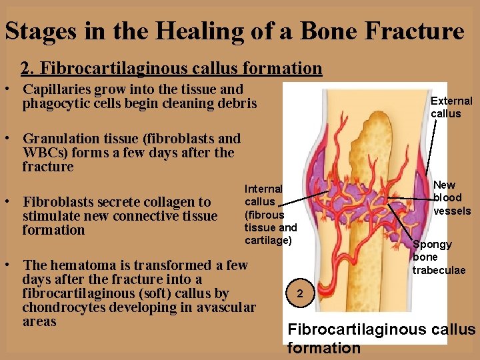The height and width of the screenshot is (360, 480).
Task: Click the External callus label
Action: point(451,107)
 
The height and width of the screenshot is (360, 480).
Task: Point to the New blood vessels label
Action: point(452,198)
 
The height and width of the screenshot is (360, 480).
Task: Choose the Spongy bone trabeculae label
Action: point(438,257)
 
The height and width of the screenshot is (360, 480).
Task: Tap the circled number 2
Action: point(300,293)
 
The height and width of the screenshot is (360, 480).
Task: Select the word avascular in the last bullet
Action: point(226,307)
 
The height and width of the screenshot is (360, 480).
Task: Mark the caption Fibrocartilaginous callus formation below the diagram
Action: point(381,338)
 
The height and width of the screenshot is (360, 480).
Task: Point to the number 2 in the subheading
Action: point(26,68)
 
